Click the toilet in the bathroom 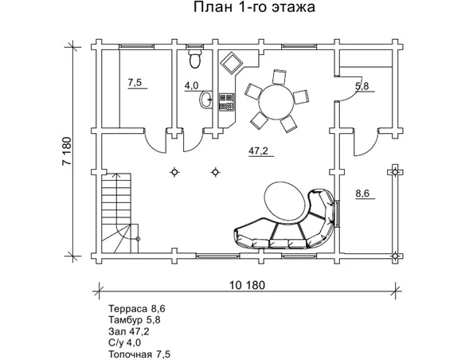(x=195, y=59)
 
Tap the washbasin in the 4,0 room (x=205, y=99)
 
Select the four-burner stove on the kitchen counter (x=227, y=102)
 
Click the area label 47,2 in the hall (x=258, y=151)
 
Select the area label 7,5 (x=135, y=83)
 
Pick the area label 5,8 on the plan (x=362, y=86)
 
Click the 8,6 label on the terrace (x=362, y=194)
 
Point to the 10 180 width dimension (x=247, y=285)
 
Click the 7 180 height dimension (x=67, y=151)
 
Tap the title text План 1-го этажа (x=254, y=7)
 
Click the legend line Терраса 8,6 (x=137, y=309)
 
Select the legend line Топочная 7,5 (x=139, y=354)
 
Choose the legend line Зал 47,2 (x=129, y=331)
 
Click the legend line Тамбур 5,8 (x=135, y=320)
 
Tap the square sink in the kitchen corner (x=232, y=63)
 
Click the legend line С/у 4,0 (x=124, y=342)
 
